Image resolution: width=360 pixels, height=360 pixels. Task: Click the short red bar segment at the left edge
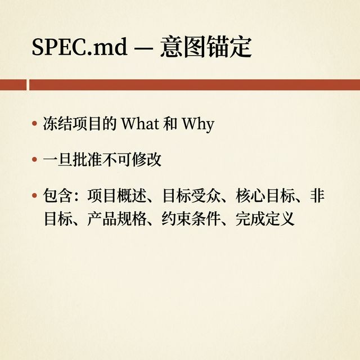(x=13, y=84)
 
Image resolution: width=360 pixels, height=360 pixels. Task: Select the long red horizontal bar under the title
(x=194, y=84)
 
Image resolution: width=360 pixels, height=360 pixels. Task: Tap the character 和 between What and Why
(x=170, y=124)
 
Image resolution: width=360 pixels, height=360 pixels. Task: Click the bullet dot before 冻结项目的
(x=34, y=124)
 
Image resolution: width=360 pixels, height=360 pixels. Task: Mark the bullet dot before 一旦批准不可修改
(x=34, y=160)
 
